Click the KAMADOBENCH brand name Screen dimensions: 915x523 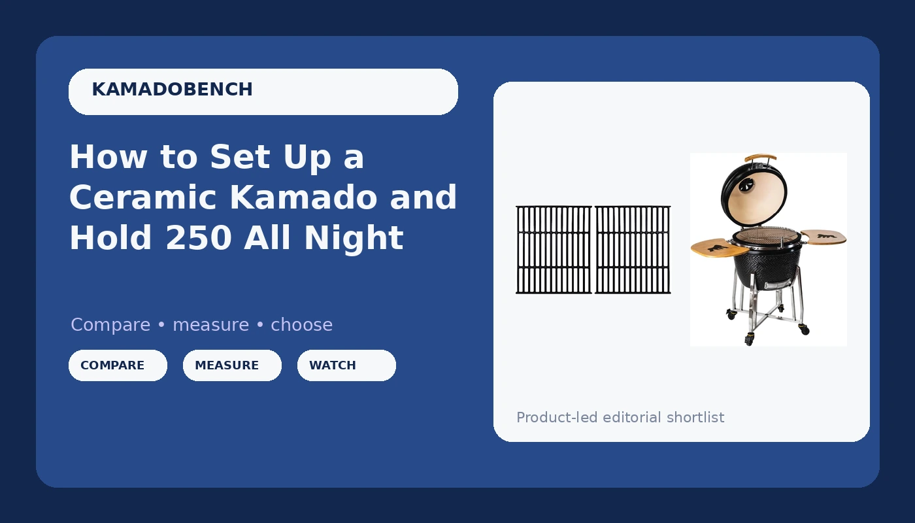tap(172, 90)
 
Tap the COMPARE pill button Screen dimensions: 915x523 tap(118, 365)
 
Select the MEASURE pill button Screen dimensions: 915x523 tap(232, 365)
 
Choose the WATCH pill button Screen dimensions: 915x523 tap(346, 365)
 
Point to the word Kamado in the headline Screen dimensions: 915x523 tap(303, 197)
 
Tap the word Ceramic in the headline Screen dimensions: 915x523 tap(143, 197)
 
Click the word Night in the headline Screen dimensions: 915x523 tap(354, 238)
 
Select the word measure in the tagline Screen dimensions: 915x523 tap(210, 326)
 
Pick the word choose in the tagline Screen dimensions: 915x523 tap(301, 326)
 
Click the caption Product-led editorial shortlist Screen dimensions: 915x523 tap(620, 418)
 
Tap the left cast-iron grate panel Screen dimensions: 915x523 tap(554, 250)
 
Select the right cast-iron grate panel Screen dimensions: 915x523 tap(633, 250)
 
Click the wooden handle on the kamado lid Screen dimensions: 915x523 tap(761, 158)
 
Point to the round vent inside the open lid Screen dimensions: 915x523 tap(746, 186)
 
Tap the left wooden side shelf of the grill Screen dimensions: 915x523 tap(719, 248)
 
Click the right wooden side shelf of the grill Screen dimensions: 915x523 tap(823, 237)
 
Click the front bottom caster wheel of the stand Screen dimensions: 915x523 tap(749, 339)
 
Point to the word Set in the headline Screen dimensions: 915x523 tap(240, 157)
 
